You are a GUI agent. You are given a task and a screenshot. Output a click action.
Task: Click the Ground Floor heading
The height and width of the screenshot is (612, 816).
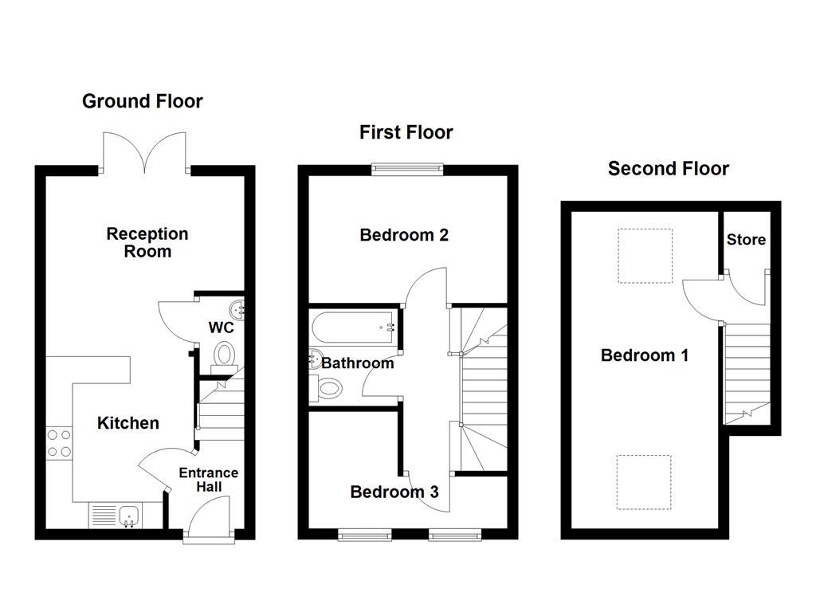143,101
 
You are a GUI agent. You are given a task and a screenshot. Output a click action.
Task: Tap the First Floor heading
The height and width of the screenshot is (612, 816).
406,132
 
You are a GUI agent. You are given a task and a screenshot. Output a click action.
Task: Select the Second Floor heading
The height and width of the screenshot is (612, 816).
668,168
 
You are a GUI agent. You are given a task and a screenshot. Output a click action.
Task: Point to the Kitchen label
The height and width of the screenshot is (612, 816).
127,423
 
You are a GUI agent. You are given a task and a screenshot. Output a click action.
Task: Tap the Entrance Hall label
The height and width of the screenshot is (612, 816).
208,479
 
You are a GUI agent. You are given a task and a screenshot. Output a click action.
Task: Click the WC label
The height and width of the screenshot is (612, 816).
221,328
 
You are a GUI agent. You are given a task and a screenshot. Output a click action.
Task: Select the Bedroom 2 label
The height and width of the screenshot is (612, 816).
404,235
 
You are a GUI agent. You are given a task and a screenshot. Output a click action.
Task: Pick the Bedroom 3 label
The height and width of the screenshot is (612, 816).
394,492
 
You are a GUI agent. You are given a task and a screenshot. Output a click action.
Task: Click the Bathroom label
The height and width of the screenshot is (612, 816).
357,363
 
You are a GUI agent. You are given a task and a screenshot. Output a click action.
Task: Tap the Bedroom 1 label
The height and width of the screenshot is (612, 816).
644,355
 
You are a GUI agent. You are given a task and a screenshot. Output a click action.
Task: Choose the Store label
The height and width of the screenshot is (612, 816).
746,240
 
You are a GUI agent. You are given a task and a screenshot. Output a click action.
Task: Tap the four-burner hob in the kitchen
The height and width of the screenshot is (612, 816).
59,443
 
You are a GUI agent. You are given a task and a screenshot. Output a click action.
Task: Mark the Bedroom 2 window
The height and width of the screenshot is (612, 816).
407,167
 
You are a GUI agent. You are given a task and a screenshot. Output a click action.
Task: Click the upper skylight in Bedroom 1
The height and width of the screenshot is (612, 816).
645,256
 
